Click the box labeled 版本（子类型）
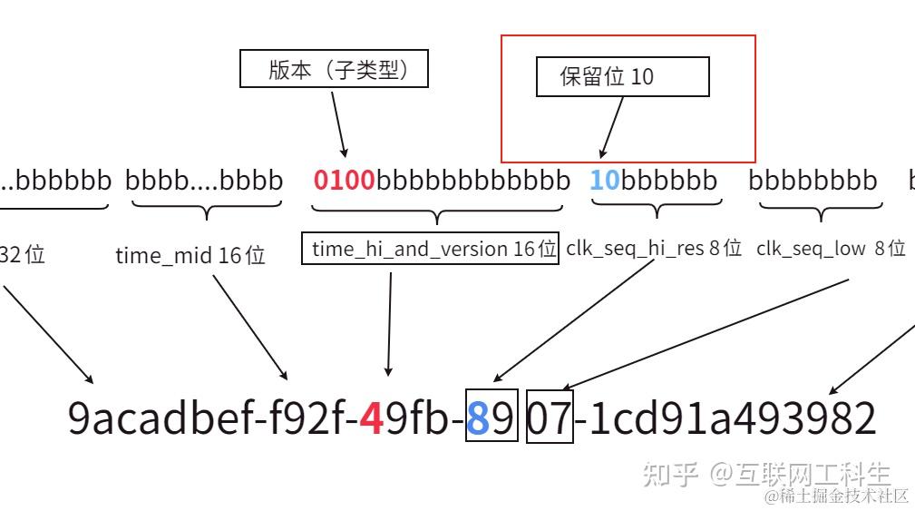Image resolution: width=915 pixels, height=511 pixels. [334, 69]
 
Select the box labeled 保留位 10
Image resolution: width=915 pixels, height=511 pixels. [622, 76]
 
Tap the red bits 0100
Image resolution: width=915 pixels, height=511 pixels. [344, 180]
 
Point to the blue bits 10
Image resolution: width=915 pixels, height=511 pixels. [604, 180]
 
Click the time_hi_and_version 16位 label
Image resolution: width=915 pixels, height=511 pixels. [431, 249]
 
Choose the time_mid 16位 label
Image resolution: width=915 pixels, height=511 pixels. [190, 255]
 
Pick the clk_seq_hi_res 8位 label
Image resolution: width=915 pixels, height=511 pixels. [654, 248]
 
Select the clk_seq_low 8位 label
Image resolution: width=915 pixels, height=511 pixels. [831, 248]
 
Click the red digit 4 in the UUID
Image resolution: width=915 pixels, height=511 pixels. [370, 418]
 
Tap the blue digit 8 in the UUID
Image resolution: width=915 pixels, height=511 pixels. [479, 418]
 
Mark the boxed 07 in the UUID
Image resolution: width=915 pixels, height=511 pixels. [550, 418]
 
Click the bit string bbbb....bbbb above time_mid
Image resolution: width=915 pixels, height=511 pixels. [204, 180]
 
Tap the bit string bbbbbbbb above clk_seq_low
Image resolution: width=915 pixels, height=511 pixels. [813, 180]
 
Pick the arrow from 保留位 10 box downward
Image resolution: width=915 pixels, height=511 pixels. [612, 127]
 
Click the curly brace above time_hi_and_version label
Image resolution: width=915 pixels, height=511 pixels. [438, 212]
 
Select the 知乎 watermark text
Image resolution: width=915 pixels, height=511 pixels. [670, 474]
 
